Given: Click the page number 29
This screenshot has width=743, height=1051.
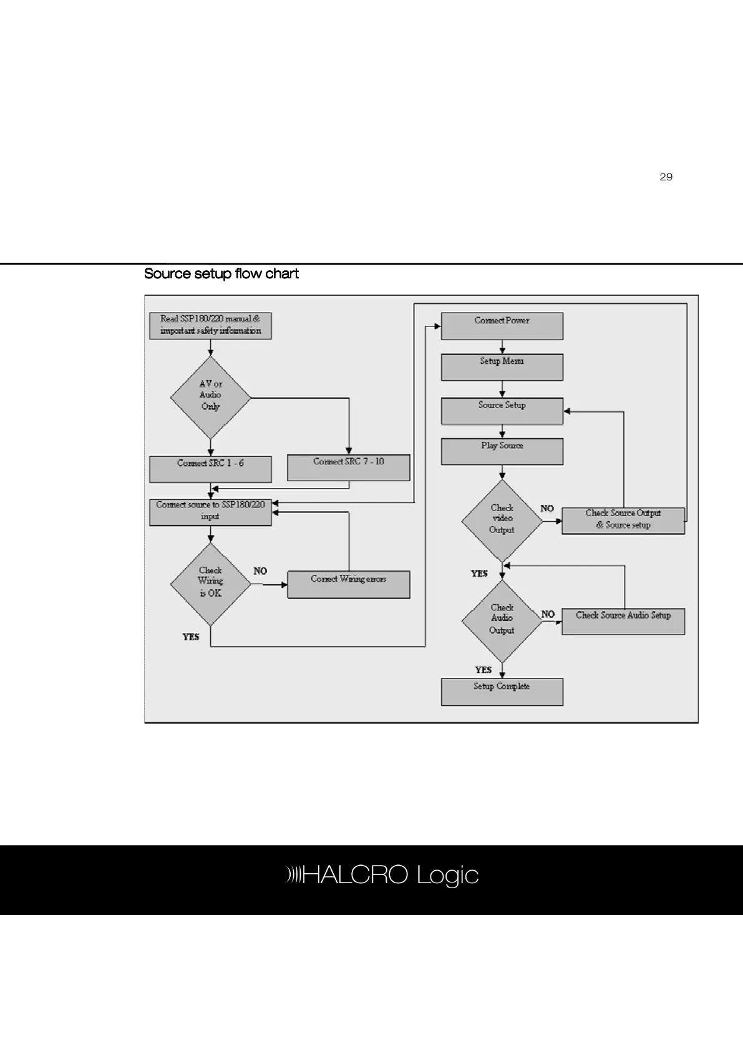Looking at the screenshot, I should click(666, 177).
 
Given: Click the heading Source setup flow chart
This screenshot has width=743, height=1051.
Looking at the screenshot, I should click(221, 274).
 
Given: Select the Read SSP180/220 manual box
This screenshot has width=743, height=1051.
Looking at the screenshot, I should click(210, 326).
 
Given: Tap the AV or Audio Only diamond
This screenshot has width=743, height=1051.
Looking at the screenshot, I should click(210, 397).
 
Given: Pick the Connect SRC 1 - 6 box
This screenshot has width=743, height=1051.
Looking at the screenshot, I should click(210, 469).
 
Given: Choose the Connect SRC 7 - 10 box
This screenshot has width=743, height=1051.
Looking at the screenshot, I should click(348, 467).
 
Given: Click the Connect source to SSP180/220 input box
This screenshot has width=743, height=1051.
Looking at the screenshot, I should click(210, 512).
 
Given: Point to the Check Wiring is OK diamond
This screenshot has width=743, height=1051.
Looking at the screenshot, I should click(210, 584).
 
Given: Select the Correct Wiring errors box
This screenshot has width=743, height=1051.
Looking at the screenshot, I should click(348, 584).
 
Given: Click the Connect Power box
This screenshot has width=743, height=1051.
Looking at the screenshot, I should click(502, 326).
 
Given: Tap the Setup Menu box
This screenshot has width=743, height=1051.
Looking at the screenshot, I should click(502, 367).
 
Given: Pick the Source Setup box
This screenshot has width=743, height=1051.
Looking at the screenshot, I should click(502, 411).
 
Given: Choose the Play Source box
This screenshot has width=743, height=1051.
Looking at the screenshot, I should click(502, 451).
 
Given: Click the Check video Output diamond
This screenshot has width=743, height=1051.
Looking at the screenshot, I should click(502, 521).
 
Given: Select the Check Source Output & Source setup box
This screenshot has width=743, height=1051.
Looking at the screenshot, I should click(623, 521).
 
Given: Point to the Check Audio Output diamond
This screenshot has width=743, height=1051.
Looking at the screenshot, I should click(502, 620).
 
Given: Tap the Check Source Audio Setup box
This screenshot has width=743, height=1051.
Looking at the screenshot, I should click(623, 621).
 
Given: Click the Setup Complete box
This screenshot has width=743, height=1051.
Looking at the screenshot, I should click(502, 692).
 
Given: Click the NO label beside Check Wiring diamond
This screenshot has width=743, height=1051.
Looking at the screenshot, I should click(260, 571).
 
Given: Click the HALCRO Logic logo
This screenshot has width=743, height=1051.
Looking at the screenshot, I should click(382, 875).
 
